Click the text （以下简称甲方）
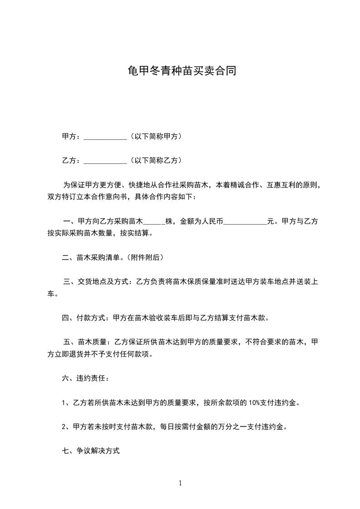coord(155,136)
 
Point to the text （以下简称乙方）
coord(155,160)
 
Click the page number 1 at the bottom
coord(180,483)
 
